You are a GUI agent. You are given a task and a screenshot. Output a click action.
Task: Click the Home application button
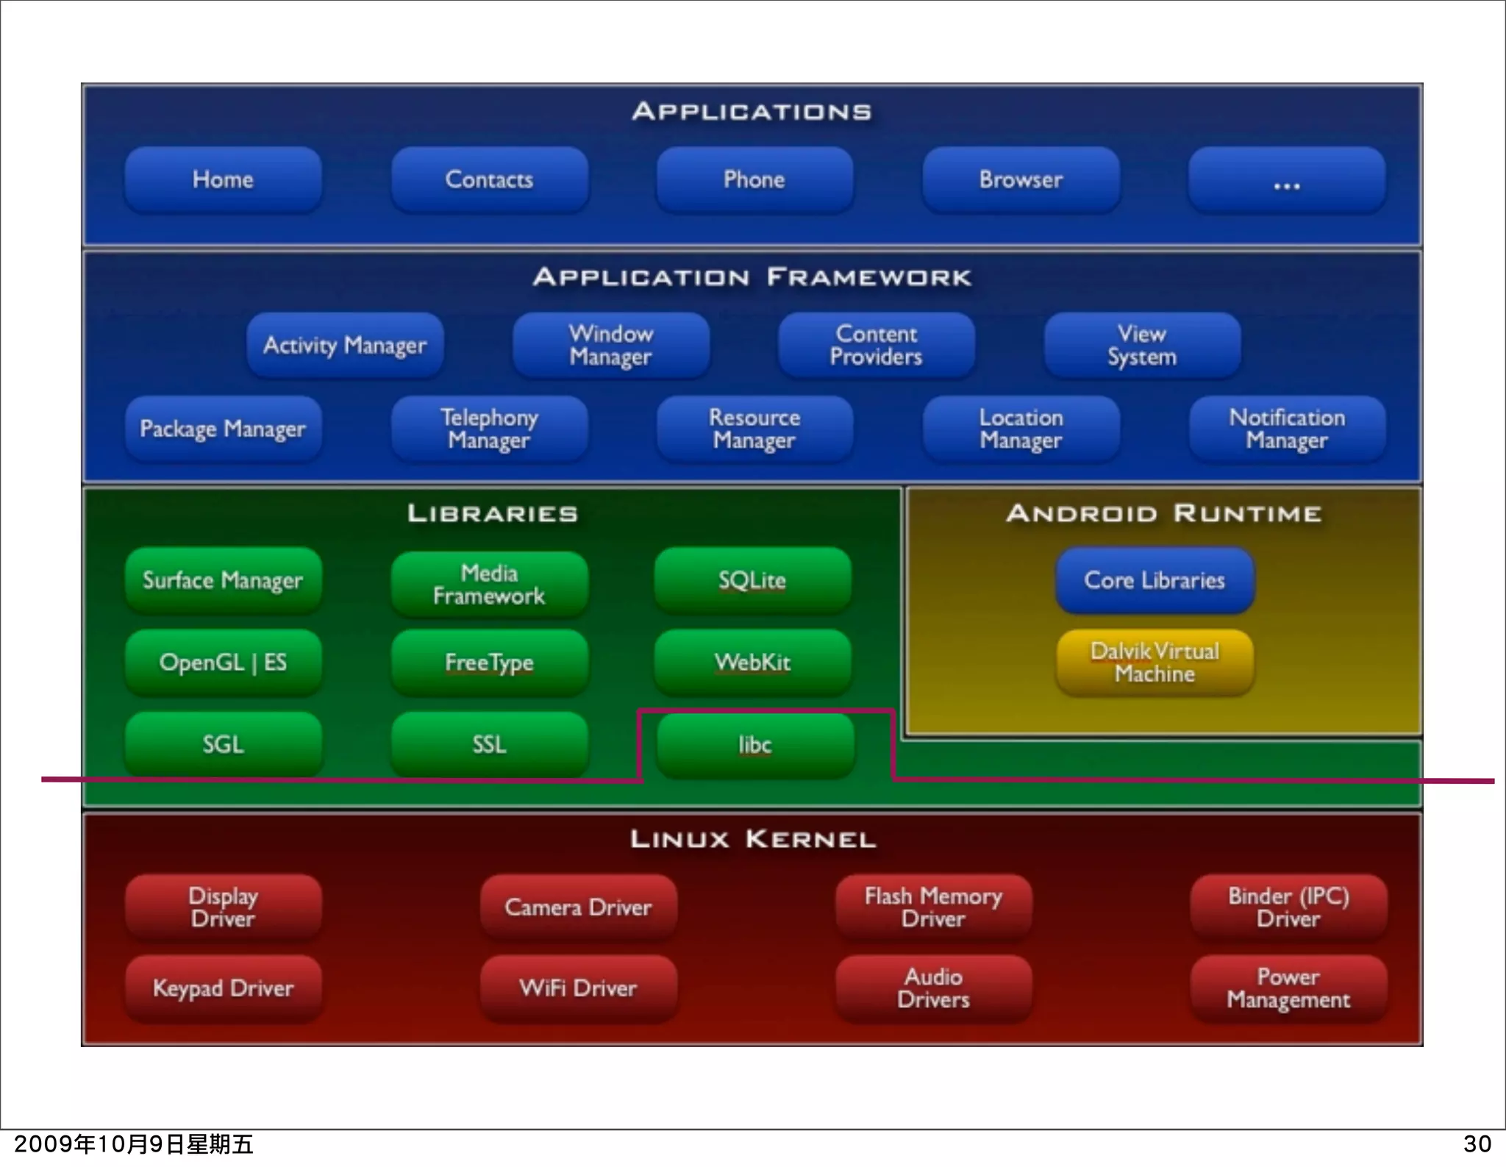223,180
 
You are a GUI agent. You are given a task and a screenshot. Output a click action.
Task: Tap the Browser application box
1021,180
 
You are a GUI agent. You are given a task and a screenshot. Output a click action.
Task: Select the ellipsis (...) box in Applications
1287,180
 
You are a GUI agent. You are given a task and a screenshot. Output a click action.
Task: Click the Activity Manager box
345,346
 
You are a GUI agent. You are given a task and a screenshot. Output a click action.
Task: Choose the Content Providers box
876,346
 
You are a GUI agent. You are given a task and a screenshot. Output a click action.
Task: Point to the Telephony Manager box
489,429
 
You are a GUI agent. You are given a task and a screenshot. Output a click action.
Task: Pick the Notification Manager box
1287,429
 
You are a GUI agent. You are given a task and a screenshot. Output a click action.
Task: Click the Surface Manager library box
223,581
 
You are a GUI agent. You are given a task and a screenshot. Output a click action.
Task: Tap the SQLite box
752,581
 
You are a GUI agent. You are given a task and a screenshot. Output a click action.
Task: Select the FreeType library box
489,663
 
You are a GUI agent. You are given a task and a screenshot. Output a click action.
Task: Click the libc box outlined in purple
755,746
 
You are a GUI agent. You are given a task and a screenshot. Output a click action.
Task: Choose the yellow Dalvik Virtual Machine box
1155,663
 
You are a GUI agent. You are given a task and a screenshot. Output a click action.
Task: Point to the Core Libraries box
1155,581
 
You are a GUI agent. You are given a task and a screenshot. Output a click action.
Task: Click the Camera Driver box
578,907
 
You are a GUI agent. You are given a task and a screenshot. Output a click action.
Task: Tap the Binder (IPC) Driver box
1288,907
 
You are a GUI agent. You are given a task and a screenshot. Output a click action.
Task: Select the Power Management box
1288,988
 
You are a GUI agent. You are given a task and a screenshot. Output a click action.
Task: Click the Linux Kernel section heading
753,839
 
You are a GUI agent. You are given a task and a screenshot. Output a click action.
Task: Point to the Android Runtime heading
1164,513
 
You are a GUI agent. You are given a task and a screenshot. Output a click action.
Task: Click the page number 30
1477,1144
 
